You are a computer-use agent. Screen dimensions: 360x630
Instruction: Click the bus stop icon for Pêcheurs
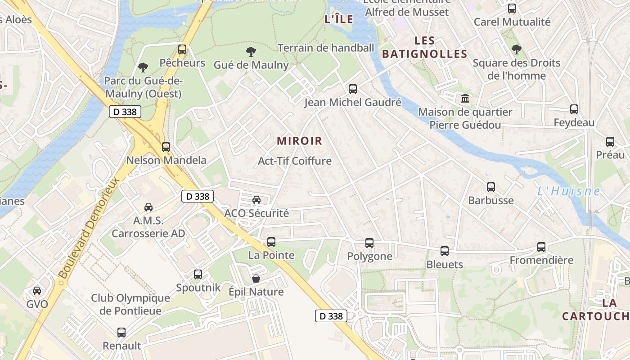tap(182, 49)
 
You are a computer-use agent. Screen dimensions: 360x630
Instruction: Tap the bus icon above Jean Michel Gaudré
tap(353, 89)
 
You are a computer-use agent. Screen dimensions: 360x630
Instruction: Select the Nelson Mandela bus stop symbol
tap(166, 147)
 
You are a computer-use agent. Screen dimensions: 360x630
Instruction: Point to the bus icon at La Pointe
tap(271, 242)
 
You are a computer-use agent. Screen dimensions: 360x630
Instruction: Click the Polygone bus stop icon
tap(369, 243)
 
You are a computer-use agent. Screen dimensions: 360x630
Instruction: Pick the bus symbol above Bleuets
tap(445, 251)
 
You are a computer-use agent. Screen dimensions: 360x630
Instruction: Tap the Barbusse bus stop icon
tap(491, 187)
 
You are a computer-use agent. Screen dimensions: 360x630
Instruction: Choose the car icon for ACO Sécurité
tap(256, 200)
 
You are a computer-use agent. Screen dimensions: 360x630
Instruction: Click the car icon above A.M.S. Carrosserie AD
tap(148, 207)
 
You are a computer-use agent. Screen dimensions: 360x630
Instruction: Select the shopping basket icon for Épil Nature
tap(256, 279)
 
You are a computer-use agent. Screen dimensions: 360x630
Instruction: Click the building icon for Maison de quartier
tap(465, 98)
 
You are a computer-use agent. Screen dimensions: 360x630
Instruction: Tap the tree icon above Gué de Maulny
tap(251, 51)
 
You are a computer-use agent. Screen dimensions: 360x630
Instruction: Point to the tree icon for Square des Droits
tap(517, 49)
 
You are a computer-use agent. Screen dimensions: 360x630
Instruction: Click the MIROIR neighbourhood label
tap(300, 141)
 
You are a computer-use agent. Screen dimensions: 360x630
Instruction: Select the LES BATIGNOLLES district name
tap(425, 47)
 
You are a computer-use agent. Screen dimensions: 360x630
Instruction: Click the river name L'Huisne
tap(569, 191)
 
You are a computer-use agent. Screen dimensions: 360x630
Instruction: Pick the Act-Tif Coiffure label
tap(295, 161)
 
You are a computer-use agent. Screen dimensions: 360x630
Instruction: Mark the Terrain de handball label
tap(326, 48)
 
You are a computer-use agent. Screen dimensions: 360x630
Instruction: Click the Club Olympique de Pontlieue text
tap(130, 304)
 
